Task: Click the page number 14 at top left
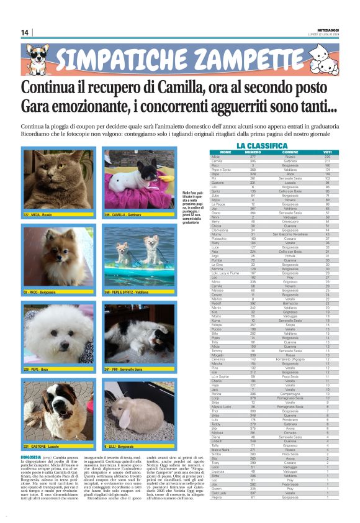[25, 32]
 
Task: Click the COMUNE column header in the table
[290, 152]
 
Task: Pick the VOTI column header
[327, 152]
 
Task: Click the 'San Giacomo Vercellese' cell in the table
[290, 234]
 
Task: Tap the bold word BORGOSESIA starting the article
[31, 457]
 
